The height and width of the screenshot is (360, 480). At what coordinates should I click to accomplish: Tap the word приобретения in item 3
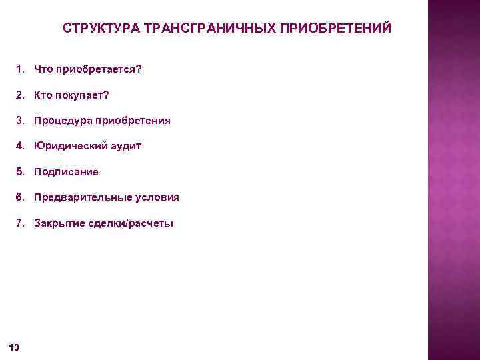click(x=133, y=121)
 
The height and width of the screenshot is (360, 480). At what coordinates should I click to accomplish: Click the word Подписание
click(x=66, y=172)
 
